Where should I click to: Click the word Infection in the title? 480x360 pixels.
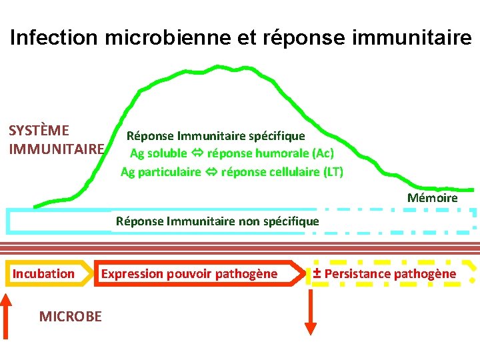tap(54, 37)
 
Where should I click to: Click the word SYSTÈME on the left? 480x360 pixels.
tap(39, 130)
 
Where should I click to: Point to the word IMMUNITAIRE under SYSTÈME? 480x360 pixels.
tap(57, 148)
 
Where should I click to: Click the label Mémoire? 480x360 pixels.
tap(432, 198)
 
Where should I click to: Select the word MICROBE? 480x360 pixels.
tap(71, 317)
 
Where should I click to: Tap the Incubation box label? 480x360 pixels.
tap(44, 273)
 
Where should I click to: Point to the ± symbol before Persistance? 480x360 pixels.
tap(317, 273)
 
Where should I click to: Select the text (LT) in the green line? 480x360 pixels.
tap(333, 172)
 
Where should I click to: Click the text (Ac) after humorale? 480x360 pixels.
tap(323, 154)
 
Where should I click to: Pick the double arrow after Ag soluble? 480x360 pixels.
tap(197, 154)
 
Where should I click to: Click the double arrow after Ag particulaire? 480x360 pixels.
tap(211, 172)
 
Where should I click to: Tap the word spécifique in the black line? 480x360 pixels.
tap(275, 136)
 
